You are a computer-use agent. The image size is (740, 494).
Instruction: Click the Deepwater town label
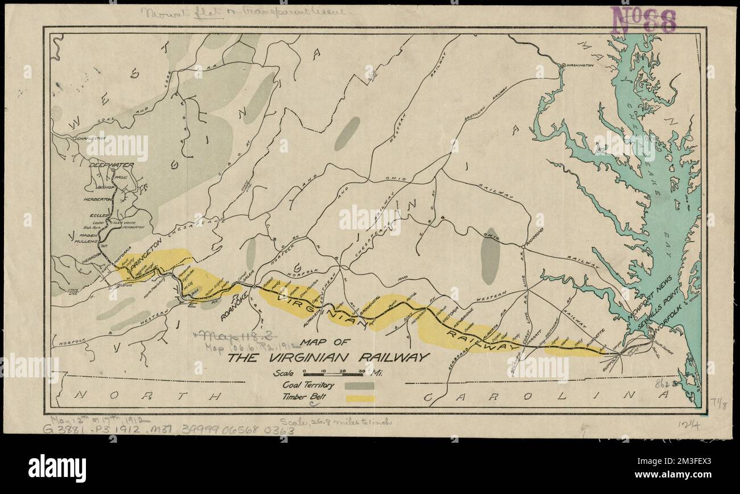click(111, 165)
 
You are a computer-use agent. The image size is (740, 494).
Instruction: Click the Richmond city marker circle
click(523, 246)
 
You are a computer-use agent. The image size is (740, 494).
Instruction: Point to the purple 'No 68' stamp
click(643, 21)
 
